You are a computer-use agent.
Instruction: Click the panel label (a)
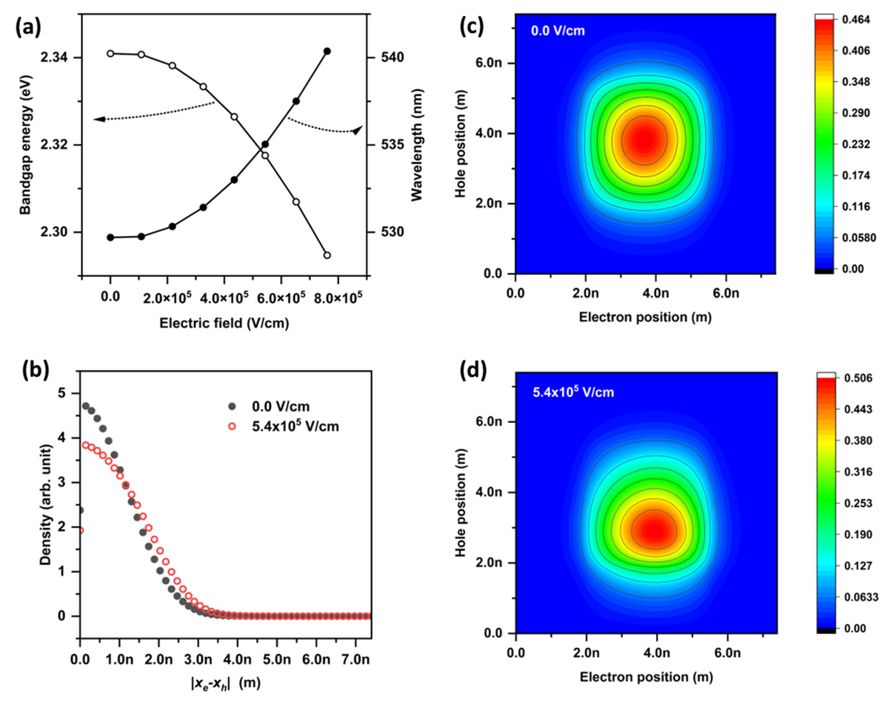point(28,29)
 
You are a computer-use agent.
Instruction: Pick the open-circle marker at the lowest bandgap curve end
point(327,255)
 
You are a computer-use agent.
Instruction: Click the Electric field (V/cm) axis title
point(224,323)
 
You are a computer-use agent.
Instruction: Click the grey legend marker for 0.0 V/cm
point(233,406)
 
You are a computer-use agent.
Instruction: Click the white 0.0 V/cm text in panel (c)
point(557,31)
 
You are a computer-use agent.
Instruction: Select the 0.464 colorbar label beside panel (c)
point(856,20)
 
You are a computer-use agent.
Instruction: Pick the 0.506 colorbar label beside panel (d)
point(856,378)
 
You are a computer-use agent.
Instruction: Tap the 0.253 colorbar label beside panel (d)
point(856,503)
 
